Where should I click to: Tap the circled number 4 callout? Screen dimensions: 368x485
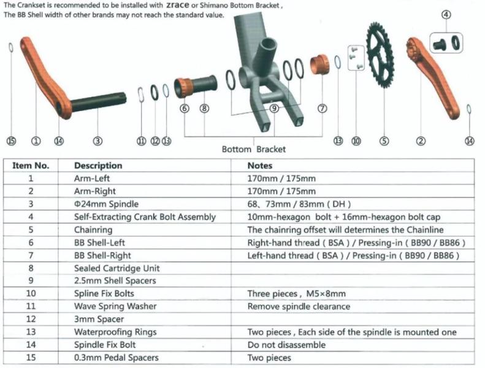[x=446, y=15]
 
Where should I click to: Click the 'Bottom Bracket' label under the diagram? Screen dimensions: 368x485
[x=253, y=149]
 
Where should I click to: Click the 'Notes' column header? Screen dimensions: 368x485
[x=259, y=166]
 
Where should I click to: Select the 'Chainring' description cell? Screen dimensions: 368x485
[x=94, y=229]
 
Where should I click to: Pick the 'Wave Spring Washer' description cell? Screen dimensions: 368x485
[x=115, y=306]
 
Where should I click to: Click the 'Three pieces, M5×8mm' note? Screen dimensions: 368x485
[x=296, y=294]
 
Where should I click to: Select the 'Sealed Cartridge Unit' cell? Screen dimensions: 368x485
[x=116, y=268]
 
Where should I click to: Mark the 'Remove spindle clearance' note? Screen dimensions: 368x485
[x=299, y=306]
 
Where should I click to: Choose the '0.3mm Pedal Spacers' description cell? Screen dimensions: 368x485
[x=116, y=358]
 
